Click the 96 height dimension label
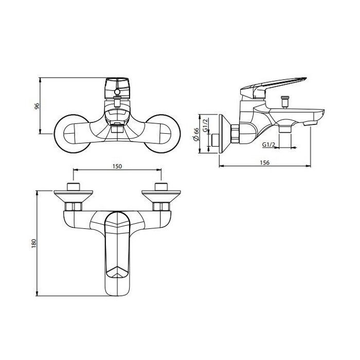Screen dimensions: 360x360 coord(37,106)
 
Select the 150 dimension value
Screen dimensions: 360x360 coord(117,166)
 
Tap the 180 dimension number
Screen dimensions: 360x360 coord(34,243)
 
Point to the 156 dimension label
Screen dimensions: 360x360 coord(264,163)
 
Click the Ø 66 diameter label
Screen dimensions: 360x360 coord(196,135)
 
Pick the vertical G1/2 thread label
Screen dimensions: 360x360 coord(206,125)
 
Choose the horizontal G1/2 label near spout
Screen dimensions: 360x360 coord(268,145)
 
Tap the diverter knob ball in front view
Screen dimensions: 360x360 coord(117,92)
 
